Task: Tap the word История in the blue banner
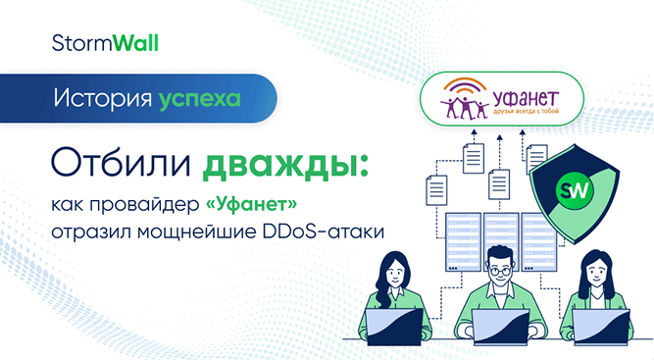pos(102,99)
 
